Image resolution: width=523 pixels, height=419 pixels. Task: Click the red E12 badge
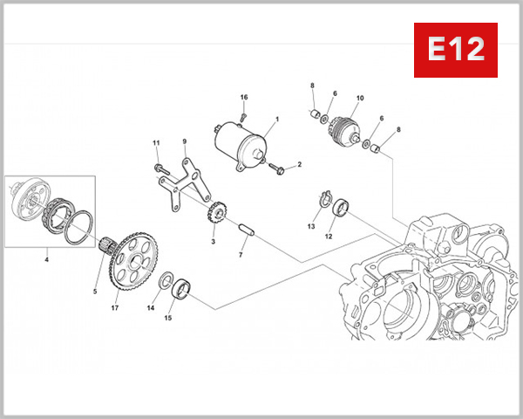[x=455, y=50]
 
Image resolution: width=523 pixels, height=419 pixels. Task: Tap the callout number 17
[x=114, y=307]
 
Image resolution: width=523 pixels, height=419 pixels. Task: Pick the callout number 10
[x=359, y=98]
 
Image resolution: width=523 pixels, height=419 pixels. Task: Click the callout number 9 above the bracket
[x=184, y=141]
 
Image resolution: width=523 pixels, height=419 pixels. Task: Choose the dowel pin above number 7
[x=245, y=234]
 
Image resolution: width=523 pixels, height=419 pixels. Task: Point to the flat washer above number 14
[x=163, y=280]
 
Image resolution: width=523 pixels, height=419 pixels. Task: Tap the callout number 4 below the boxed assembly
[x=47, y=258]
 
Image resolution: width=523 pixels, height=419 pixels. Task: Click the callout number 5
[x=95, y=291]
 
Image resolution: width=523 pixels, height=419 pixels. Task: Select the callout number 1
[x=276, y=119]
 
